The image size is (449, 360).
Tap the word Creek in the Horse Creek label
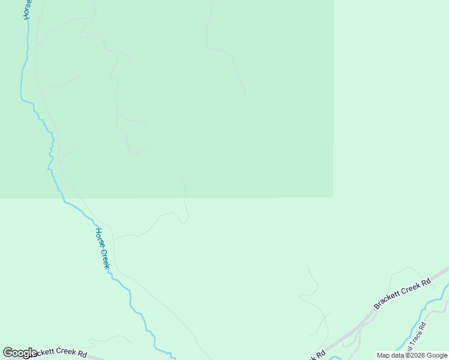click(x=105, y=259)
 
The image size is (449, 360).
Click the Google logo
click(x=20, y=353)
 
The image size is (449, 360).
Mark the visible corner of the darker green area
click(x=333, y=197)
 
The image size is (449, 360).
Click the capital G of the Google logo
click(x=7, y=353)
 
